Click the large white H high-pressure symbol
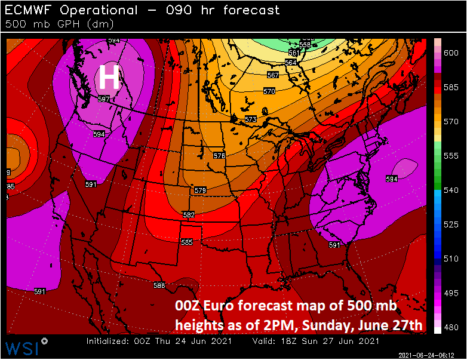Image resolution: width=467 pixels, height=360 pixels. pyautogui.click(x=109, y=77)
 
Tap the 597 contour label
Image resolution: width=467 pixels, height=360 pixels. pyautogui.click(x=104, y=99)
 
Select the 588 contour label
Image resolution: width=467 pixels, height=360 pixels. pyautogui.click(x=159, y=285)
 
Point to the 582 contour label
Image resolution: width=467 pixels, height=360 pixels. pyautogui.click(x=188, y=215)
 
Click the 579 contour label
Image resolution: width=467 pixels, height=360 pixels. pyautogui.click(x=200, y=190)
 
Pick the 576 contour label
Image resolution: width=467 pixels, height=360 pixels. pyautogui.click(x=219, y=156)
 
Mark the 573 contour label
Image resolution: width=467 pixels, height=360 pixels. pyautogui.click(x=251, y=120)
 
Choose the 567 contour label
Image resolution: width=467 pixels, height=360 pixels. pyautogui.click(x=273, y=75)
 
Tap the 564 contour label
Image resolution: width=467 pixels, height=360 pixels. pyautogui.click(x=291, y=63)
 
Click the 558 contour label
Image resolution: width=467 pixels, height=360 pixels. pyautogui.click(x=305, y=45)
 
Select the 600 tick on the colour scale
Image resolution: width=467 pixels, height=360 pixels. pyautogui.click(x=451, y=53)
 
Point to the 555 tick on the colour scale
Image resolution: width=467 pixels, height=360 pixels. pyautogui.click(x=451, y=156)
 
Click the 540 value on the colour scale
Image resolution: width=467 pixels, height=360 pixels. pyautogui.click(x=451, y=190)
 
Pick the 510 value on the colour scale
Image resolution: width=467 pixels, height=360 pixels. pyautogui.click(x=451, y=259)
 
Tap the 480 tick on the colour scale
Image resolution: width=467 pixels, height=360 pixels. pyautogui.click(x=451, y=327)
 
